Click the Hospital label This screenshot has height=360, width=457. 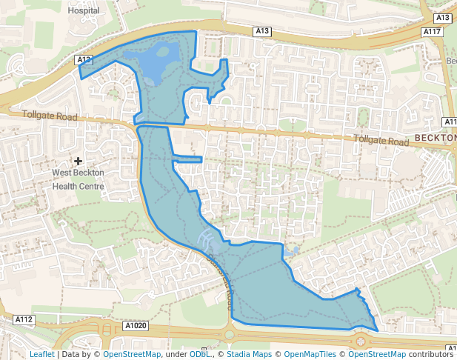[x=83, y=11]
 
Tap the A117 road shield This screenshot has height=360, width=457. [x=433, y=32]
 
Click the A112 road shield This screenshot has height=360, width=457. [x=24, y=319]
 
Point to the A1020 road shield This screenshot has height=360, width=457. [x=136, y=325]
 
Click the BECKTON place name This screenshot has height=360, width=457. [x=436, y=139]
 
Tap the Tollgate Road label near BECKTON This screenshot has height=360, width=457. [x=381, y=141]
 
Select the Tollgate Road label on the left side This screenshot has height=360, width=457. [x=50, y=117]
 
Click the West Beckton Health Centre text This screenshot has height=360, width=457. [x=78, y=179]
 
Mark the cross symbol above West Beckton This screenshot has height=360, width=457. [x=79, y=161]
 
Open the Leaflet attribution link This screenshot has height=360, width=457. [x=41, y=355]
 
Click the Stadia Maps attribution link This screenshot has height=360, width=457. [x=247, y=355]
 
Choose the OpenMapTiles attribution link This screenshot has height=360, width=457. [x=310, y=355]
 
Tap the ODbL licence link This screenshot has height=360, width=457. [x=199, y=355]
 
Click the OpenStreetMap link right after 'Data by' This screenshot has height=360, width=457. [x=131, y=355]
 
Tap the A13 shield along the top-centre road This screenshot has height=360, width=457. [x=262, y=31]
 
